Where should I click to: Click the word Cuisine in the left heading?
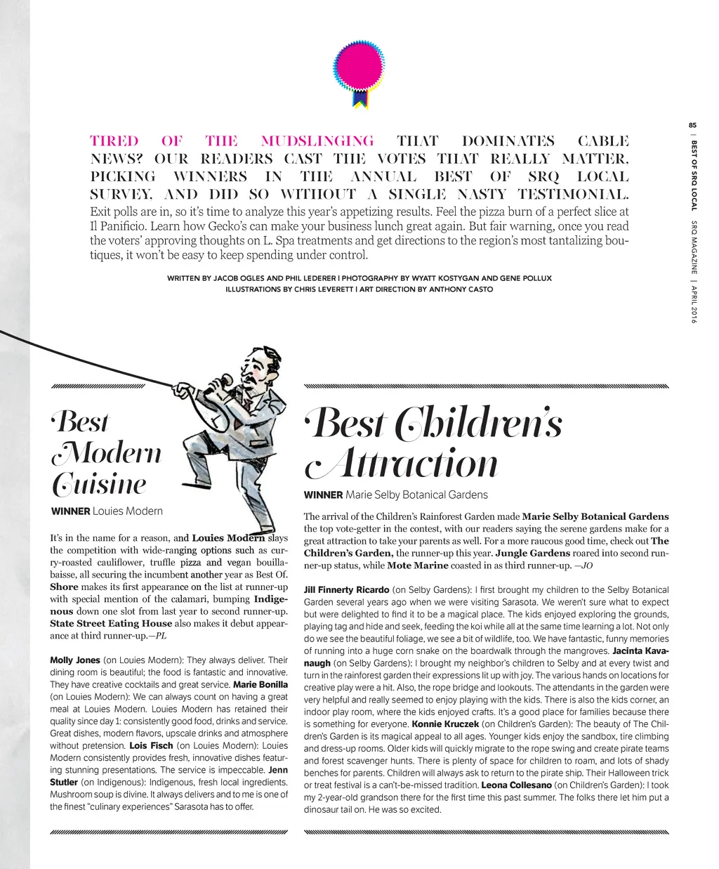pos(99,484)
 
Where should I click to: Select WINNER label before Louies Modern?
pos(70,511)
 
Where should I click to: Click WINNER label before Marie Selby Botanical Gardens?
pos(323,495)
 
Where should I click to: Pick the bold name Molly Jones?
pos(75,660)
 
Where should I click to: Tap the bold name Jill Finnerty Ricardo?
pos(346,590)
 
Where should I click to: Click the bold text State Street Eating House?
pos(111,623)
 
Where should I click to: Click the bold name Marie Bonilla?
pos(260,684)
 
